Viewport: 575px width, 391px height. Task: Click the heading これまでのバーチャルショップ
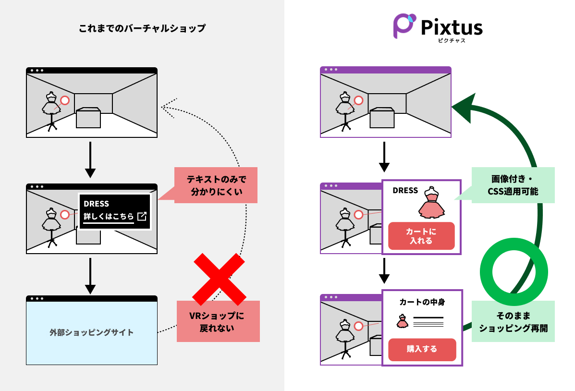(142, 28)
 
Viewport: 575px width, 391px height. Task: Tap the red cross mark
(219, 279)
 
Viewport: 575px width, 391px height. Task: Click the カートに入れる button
(421, 236)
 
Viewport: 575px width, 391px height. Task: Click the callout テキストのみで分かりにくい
(216, 185)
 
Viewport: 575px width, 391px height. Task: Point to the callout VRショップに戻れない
(218, 321)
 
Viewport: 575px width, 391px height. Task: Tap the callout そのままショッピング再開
(513, 322)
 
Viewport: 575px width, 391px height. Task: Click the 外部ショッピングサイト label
(92, 332)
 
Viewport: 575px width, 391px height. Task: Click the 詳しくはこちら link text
(109, 217)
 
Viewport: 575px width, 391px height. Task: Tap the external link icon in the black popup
(142, 217)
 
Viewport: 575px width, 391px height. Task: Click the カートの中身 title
(422, 302)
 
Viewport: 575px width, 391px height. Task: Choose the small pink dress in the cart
(402, 321)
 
